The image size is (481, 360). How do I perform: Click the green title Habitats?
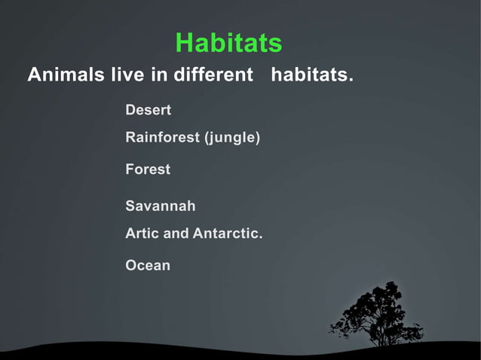pos(228,43)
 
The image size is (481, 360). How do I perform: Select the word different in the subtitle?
pos(213,76)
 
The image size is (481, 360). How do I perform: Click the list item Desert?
pos(148,110)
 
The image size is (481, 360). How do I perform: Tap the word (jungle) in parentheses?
pos(232,138)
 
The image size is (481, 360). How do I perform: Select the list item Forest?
pos(148,169)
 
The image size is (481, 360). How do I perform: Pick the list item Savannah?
pos(161,206)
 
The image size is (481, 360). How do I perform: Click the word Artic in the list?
pos(142,233)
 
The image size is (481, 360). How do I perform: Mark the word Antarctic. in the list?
pos(228,233)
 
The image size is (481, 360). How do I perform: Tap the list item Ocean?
pos(148,265)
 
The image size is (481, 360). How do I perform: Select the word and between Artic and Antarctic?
pos(176,233)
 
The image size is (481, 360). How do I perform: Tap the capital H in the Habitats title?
pos(184,43)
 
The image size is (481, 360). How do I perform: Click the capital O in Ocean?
pos(131,265)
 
